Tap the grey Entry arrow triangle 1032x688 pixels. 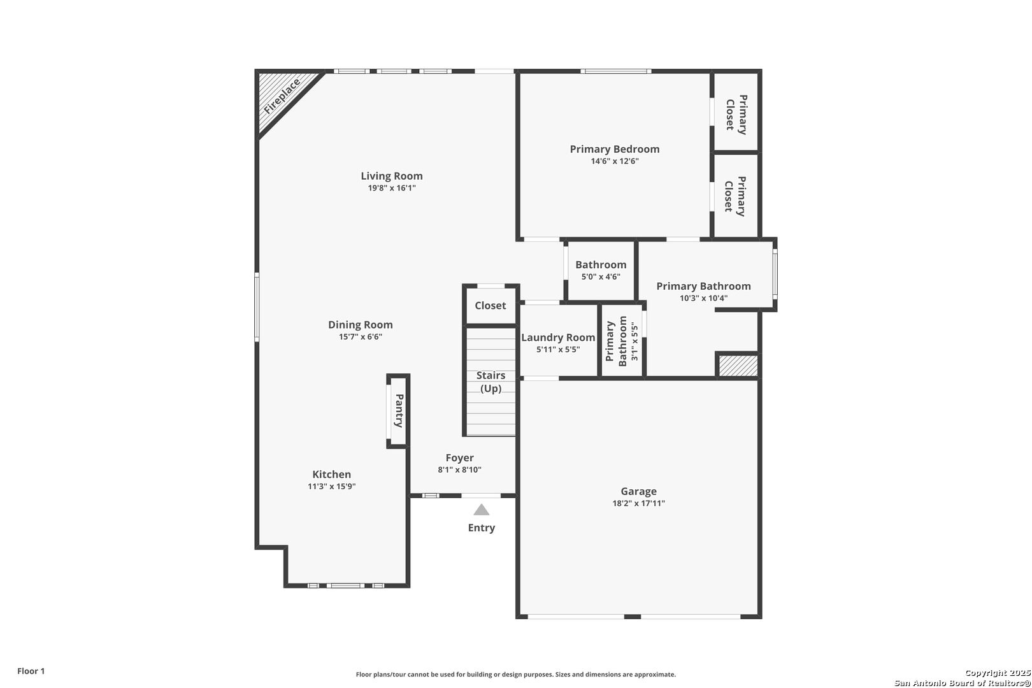tap(482, 509)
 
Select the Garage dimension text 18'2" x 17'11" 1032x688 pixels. tap(638, 503)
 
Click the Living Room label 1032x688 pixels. tap(392, 176)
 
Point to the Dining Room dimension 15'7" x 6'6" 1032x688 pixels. tap(361, 336)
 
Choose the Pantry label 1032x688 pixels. tap(399, 411)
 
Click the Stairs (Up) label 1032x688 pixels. tap(491, 382)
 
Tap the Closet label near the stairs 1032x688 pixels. tap(491, 306)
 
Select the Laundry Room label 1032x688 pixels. tap(558, 338)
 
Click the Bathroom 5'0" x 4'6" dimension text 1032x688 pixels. tap(601, 276)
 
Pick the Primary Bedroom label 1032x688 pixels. tap(615, 149)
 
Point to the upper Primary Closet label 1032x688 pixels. tap(736, 114)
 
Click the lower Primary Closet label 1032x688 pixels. tap(735, 196)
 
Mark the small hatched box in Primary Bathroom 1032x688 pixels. tap(738, 366)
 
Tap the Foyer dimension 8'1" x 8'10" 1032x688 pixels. tap(459, 469)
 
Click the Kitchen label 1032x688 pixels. tap(332, 474)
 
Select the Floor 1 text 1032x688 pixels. tap(31, 671)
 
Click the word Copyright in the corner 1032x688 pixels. tap(985, 673)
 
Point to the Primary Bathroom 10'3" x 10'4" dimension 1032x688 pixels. tap(703, 298)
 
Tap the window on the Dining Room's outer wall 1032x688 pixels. tap(257, 307)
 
